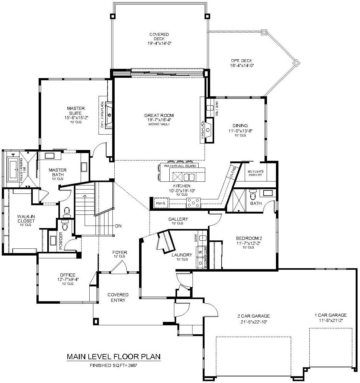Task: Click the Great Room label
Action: (x=159, y=115)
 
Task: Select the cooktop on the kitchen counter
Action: (x=193, y=203)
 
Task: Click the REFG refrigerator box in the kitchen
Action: (x=161, y=203)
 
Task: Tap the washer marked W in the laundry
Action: (x=201, y=252)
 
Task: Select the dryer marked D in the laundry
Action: (x=201, y=263)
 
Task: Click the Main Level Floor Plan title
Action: (x=114, y=357)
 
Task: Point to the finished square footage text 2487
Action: (x=133, y=365)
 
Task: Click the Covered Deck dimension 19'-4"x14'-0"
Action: (x=159, y=44)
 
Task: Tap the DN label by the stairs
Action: (x=118, y=226)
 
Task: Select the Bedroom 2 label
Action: (x=249, y=238)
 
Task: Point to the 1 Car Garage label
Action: (x=330, y=315)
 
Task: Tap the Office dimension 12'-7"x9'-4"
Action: (x=68, y=279)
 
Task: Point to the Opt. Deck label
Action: (x=241, y=61)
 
